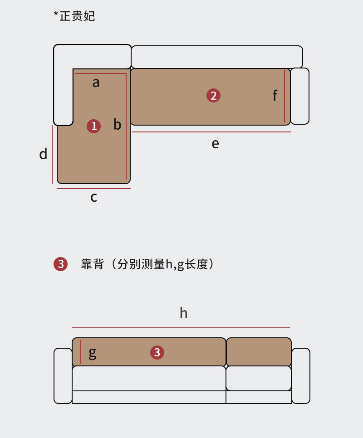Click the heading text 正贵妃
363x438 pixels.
77,16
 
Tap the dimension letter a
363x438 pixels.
96,83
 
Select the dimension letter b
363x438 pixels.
117,124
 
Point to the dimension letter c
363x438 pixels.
93,197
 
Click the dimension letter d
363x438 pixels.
43,154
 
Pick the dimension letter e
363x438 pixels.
215,144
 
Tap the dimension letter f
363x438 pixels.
275,96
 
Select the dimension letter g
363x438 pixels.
92,352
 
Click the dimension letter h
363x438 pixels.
183,313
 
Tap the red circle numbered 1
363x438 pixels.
94,126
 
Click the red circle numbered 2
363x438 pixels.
213,96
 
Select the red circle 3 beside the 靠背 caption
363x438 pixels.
60,264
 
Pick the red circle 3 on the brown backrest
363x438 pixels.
157,352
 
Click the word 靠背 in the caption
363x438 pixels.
93,264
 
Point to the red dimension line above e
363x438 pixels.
211,132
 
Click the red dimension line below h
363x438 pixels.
181,328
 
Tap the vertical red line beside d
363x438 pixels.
52,154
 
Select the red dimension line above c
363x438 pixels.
93,189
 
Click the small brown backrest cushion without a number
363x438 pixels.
259,352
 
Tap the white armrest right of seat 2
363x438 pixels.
299,96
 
